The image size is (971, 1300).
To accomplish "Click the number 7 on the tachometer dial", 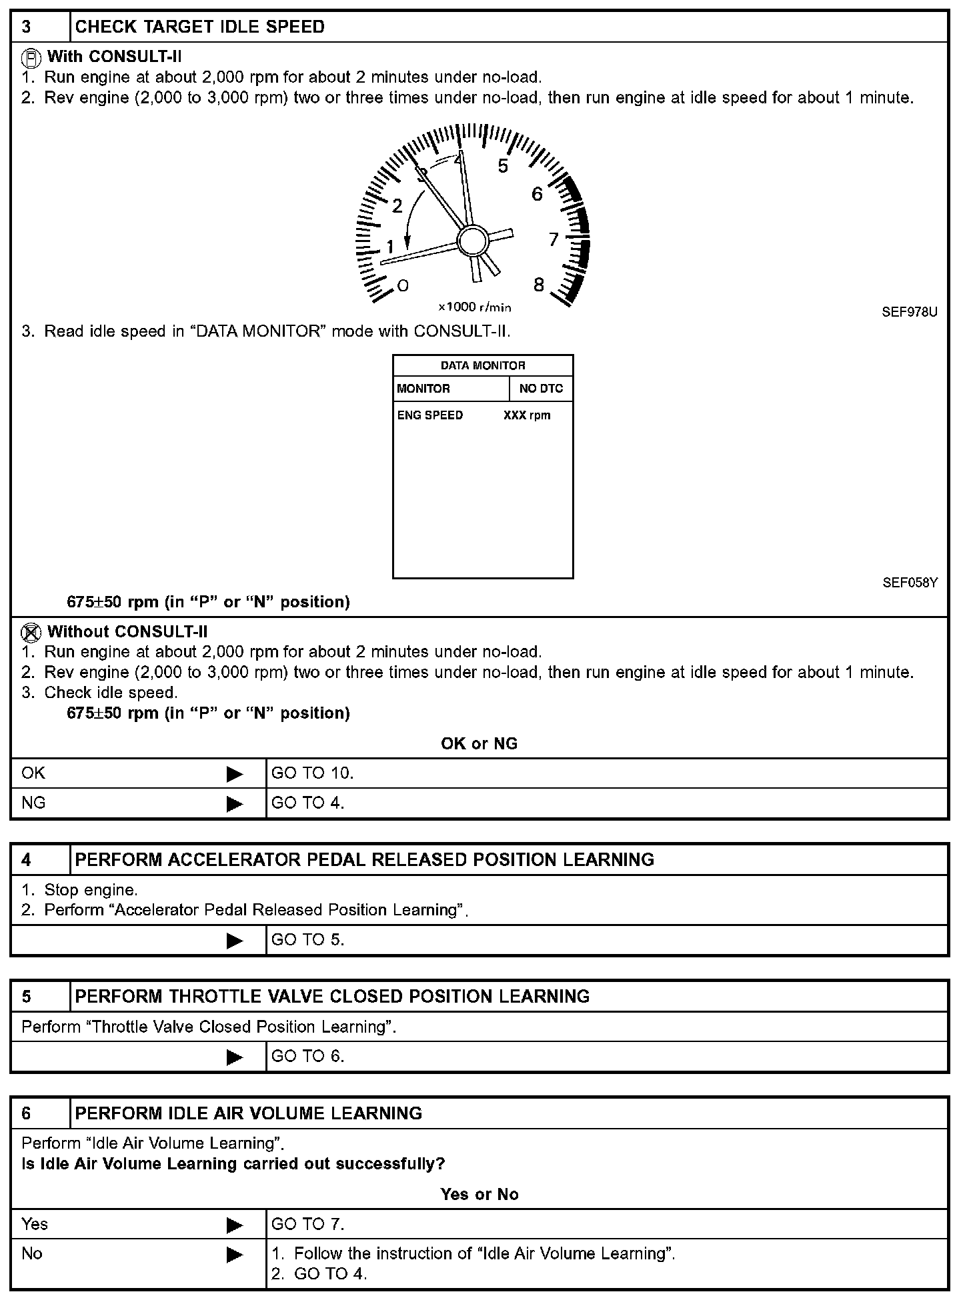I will tap(554, 239).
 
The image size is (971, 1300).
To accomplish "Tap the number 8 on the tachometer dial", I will tap(539, 285).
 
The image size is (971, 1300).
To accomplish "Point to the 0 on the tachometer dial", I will tap(403, 286).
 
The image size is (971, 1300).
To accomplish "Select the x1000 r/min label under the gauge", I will tap(475, 307).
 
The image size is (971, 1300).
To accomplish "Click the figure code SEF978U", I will tap(910, 312).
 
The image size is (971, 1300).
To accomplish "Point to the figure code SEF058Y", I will tap(910, 583).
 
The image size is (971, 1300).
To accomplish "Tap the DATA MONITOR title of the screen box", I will tap(483, 365).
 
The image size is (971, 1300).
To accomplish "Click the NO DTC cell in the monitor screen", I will tap(541, 389).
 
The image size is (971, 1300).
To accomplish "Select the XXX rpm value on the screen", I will tap(527, 415).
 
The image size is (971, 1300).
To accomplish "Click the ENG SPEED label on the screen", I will tap(430, 415).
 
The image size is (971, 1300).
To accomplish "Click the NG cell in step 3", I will tap(33, 803).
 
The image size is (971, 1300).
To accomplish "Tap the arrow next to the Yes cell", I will tap(235, 1225).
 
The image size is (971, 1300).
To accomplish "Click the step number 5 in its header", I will tap(26, 997).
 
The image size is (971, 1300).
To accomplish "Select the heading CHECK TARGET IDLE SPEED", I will tap(200, 27).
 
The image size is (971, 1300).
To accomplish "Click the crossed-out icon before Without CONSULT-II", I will tap(31, 632).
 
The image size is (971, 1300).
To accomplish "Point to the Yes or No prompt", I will tap(479, 1194).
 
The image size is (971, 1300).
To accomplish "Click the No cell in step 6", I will tap(32, 1254).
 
